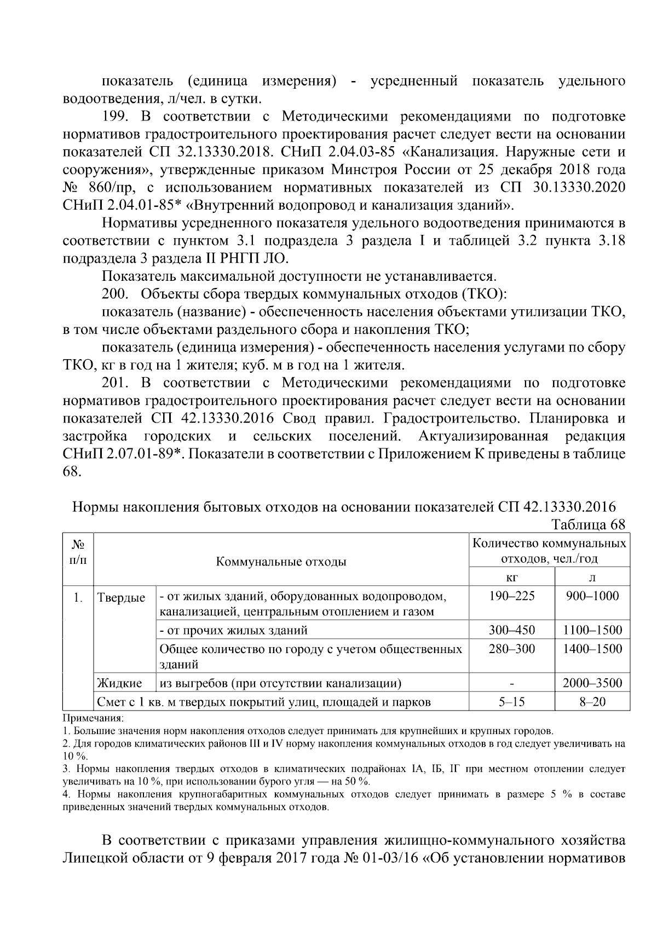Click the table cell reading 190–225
tap(511, 596)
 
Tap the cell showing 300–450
tap(511, 630)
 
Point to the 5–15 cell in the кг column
tap(511, 702)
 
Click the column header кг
tap(511, 578)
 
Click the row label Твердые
tap(121, 598)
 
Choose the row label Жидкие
tap(119, 683)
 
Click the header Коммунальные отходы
tap(281, 562)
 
